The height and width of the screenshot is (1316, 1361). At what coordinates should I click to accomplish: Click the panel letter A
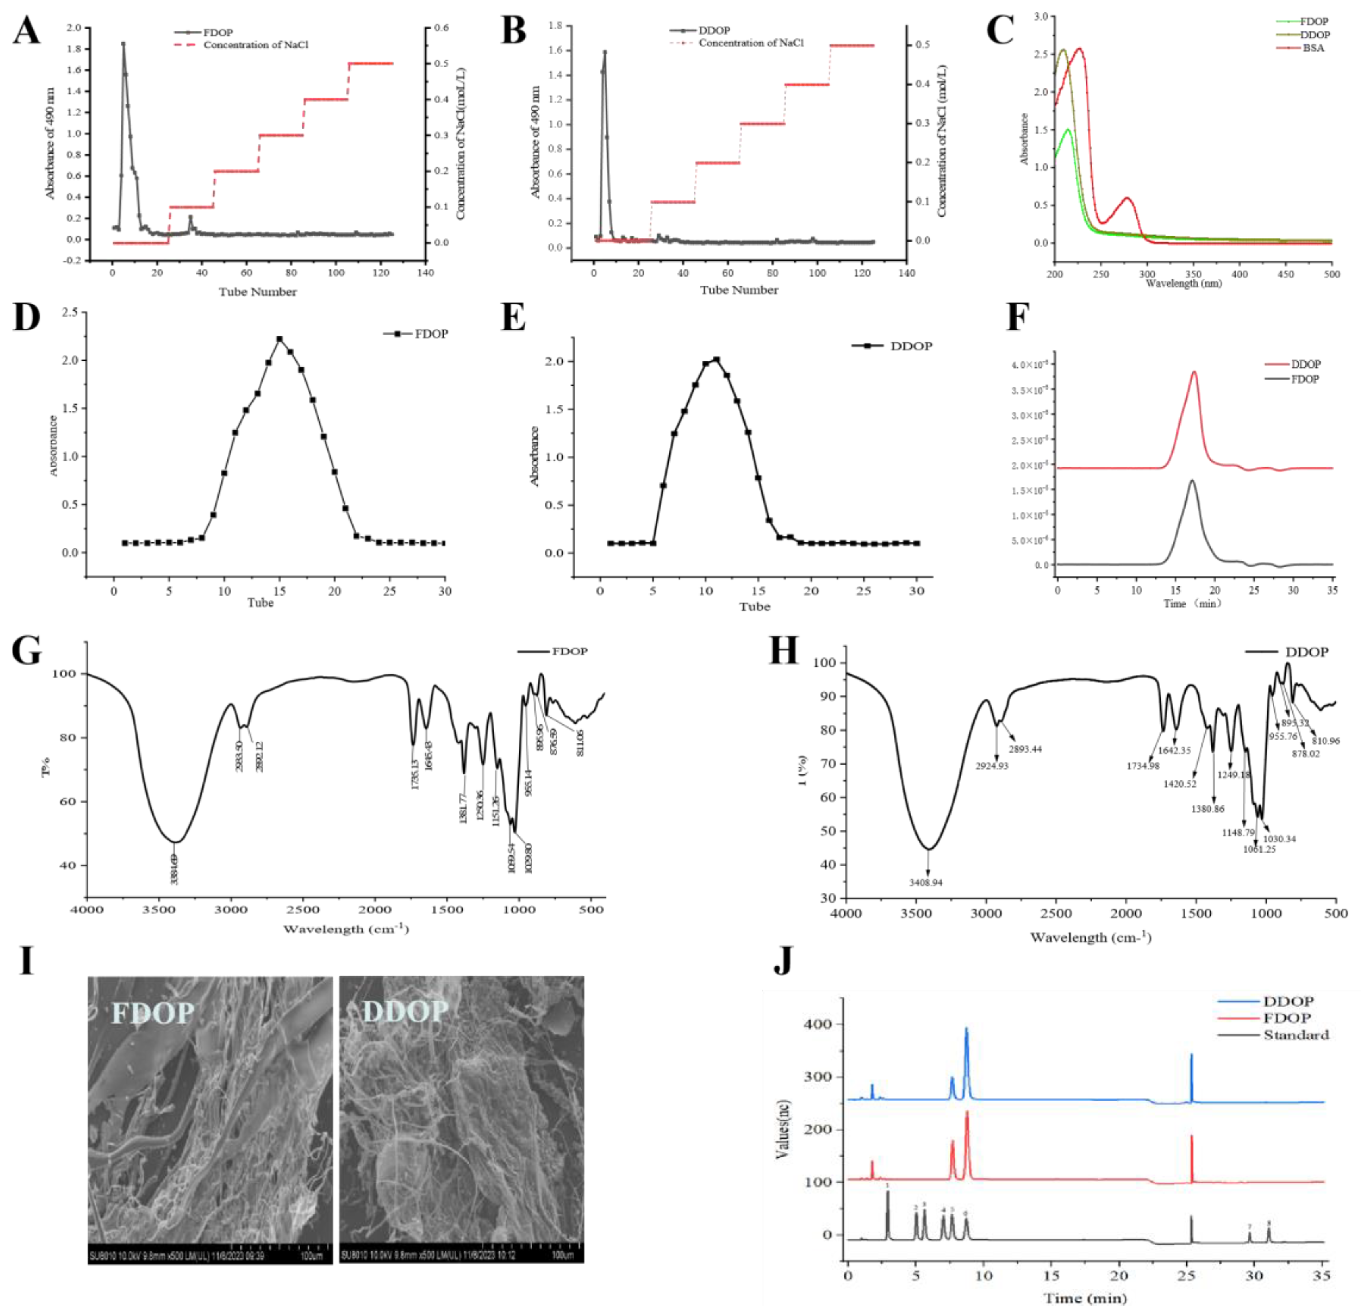pyautogui.click(x=26, y=31)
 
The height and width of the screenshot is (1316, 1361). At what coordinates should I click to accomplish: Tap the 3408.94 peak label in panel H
pyautogui.click(x=926, y=883)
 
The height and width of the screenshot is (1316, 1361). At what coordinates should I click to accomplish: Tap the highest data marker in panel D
pyautogui.click(x=279, y=339)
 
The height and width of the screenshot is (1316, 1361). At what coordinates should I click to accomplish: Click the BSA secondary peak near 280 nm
pyautogui.click(x=1127, y=199)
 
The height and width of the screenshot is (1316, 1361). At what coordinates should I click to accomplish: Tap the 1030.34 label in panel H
pyautogui.click(x=1279, y=838)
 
